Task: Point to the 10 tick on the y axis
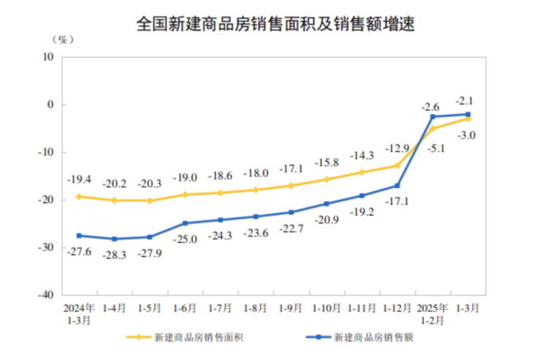point(49,57)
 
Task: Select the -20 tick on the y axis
point(47,200)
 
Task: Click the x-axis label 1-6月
point(185,308)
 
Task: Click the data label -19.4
point(79,179)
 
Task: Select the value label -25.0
point(185,239)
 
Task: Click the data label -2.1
point(466,100)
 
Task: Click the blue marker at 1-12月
point(397,186)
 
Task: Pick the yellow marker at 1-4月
point(114,200)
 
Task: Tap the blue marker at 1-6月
point(185,223)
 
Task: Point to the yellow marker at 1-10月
point(326,179)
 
